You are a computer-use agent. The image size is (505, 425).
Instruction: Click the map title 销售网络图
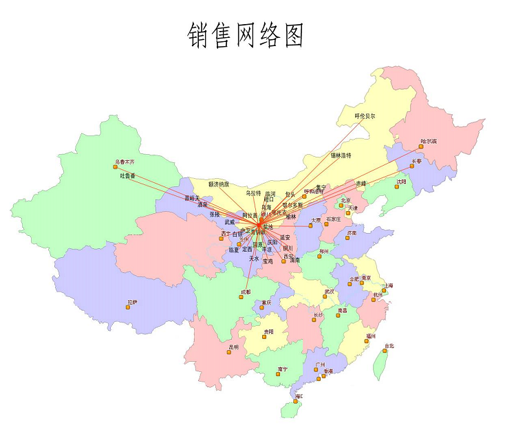246,35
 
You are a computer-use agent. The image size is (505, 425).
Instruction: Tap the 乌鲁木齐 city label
125,162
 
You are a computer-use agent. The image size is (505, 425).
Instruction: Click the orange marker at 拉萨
128,307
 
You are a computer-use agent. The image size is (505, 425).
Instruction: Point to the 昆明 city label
234,347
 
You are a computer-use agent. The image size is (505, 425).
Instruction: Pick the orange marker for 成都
242,296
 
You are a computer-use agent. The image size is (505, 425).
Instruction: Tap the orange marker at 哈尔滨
421,146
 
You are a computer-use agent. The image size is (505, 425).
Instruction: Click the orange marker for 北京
341,205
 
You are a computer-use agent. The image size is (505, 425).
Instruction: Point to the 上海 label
389,285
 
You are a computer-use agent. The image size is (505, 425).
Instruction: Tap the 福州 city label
372,336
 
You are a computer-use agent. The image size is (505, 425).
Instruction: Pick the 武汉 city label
329,292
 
